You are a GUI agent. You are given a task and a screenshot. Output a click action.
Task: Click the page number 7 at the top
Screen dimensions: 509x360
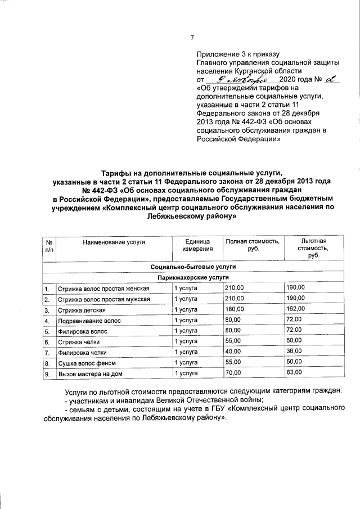192,38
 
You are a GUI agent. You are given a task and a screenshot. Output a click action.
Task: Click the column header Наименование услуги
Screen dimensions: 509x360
114,242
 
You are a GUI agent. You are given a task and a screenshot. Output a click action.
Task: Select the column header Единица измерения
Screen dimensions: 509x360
197,245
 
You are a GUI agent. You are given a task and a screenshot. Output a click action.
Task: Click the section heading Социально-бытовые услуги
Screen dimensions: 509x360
192,267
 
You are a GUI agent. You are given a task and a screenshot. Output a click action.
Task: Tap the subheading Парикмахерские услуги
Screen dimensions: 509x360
192,278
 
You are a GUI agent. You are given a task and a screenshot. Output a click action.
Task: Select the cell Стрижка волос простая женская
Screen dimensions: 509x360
104,289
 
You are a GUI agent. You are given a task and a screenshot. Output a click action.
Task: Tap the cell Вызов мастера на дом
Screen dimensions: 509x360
89,373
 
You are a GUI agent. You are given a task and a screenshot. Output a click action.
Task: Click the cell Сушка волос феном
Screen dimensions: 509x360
85,363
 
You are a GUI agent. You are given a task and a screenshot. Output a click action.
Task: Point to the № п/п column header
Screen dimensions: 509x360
48,245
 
